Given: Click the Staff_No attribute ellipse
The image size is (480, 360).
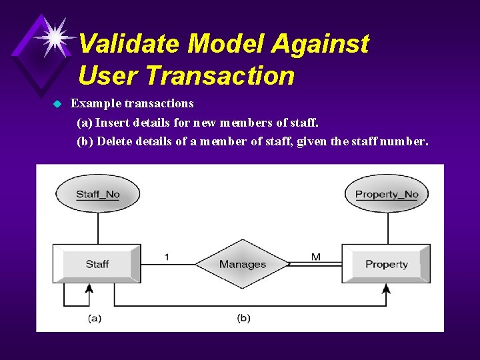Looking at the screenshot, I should (97, 195).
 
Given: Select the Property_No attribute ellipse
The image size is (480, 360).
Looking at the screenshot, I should (387, 195).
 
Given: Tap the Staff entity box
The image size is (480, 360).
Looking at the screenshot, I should (97, 264).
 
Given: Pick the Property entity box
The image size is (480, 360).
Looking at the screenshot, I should (386, 264).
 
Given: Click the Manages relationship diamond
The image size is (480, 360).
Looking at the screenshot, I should (242, 264).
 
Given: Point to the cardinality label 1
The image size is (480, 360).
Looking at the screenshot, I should (167, 257).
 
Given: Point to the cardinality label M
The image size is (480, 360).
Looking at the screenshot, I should (315, 257).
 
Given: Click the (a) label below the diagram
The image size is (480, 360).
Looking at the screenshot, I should (95, 318).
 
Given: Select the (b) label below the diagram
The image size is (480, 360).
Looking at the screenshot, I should (243, 318).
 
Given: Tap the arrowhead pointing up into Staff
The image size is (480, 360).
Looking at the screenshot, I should (87, 288).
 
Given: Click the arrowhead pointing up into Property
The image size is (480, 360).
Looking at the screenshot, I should (386, 288).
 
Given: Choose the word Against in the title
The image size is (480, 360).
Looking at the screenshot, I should (320, 44).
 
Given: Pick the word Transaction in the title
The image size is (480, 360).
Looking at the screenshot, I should (219, 75).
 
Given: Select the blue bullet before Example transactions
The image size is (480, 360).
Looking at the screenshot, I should (57, 104).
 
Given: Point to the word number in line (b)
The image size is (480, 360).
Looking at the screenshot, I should (403, 141).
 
